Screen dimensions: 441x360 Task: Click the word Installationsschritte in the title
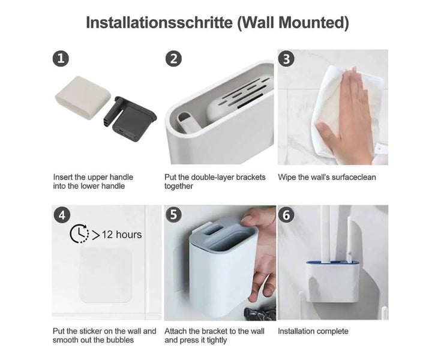pos(159,23)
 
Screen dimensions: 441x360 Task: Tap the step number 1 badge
pos(61,59)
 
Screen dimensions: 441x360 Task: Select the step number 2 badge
pos(173,59)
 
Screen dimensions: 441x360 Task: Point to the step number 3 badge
pos(286,59)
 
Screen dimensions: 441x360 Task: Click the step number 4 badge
pos(62,215)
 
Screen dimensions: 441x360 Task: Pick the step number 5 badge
pos(173,215)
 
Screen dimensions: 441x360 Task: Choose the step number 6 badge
pos(286,215)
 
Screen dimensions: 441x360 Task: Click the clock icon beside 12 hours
pos(79,233)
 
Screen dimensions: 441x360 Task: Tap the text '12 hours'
pos(121,235)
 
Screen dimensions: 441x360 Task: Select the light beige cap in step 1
pos(80,97)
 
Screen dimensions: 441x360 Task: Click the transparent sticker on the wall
pos(106,275)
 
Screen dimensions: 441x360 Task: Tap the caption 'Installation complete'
pos(313,331)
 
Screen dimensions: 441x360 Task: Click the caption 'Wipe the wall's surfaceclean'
pos(327,177)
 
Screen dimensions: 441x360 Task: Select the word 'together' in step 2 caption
pos(179,186)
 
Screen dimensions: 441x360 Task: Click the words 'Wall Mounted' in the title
pos(293,23)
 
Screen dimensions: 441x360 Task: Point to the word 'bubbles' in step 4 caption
pos(119,340)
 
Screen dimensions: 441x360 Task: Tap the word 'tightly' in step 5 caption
pos(217,340)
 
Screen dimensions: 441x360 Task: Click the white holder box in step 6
pos(332,282)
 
